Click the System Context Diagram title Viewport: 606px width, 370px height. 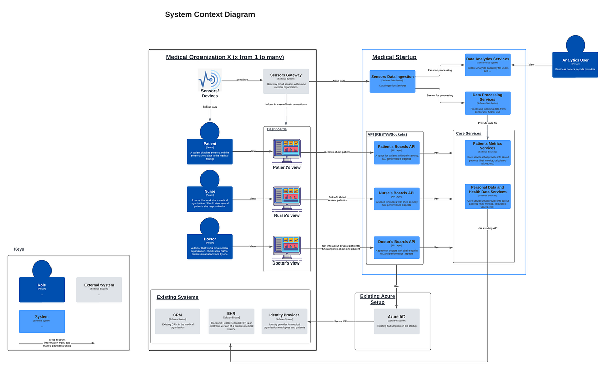(210, 15)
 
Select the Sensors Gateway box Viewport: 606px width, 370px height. (286, 81)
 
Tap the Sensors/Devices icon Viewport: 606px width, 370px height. (210, 80)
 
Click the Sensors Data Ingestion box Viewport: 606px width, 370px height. (392, 81)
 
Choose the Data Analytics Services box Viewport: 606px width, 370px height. (487, 65)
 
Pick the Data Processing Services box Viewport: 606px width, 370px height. (487, 102)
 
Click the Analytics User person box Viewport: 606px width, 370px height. (575, 65)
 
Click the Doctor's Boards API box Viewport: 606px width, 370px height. (396, 247)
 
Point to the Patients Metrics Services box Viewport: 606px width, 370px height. (487, 153)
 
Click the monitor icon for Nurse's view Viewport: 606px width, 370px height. (286, 198)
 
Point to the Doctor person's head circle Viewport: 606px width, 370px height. (210, 227)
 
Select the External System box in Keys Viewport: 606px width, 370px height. (99, 289)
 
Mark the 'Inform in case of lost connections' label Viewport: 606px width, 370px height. (286, 104)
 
